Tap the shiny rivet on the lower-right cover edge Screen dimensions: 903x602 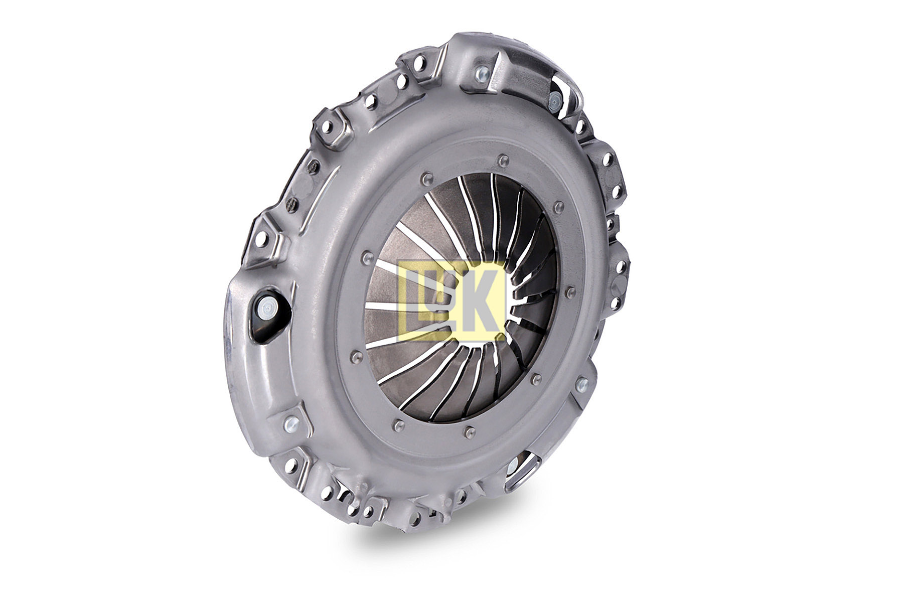tap(581, 385)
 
